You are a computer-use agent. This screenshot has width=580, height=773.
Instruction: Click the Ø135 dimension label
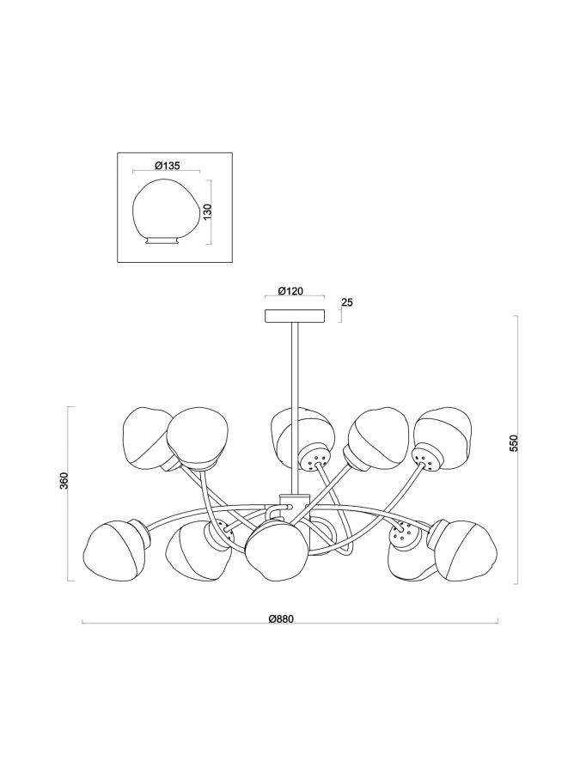pyautogui.click(x=168, y=166)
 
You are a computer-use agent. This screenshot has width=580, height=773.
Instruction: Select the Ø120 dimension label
pyautogui.click(x=290, y=291)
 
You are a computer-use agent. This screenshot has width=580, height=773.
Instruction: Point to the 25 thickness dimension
pyautogui.click(x=347, y=302)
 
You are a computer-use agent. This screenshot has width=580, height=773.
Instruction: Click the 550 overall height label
pyautogui.click(x=514, y=444)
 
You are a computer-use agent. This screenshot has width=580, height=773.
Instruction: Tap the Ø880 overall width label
pyautogui.click(x=281, y=619)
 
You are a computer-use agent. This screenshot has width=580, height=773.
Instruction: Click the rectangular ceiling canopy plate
pyautogui.click(x=295, y=315)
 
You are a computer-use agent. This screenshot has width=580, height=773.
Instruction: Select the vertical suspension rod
pyautogui.click(x=294, y=408)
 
